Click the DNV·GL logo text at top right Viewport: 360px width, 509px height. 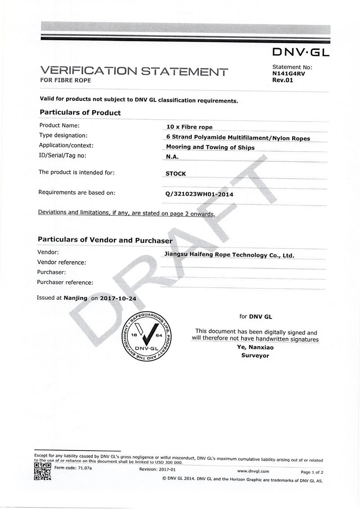click(x=301, y=52)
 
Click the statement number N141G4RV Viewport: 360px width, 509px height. click(x=289, y=74)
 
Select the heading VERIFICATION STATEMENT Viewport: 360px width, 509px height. click(x=134, y=71)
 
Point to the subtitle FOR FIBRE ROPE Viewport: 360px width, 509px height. click(x=66, y=81)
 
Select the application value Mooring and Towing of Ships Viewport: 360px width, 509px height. click(x=210, y=147)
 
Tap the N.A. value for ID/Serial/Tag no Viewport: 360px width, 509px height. click(x=172, y=156)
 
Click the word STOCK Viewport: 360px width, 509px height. click(x=175, y=173)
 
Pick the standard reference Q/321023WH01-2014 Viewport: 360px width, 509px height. click(x=199, y=194)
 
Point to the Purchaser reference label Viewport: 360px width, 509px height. click(x=65, y=283)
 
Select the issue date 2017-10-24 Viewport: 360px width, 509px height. click(x=117, y=298)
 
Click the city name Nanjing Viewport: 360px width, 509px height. click(x=76, y=298)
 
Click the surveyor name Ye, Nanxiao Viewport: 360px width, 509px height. click(x=255, y=347)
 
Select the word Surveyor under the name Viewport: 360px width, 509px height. click(x=255, y=356)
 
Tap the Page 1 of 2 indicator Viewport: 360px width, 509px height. click(x=312, y=472)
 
